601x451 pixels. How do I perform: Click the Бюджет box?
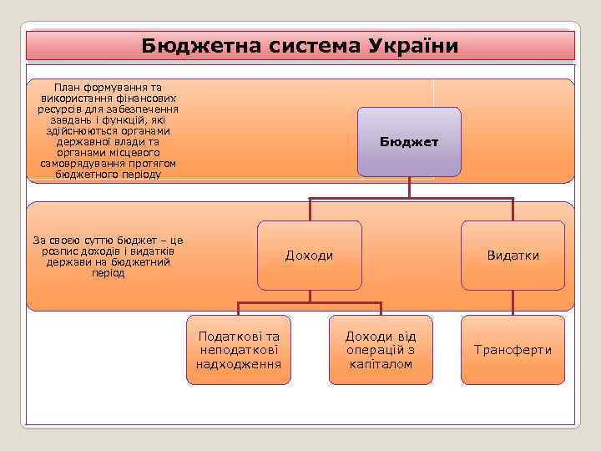409,142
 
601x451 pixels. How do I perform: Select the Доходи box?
310,256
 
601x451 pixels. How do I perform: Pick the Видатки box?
513,256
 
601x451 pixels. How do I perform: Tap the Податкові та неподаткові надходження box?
239,350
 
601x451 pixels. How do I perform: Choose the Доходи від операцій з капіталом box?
381,350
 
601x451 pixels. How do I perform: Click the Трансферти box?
513,350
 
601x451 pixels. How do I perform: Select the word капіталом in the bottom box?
381,364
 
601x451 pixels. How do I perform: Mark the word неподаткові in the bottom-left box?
239,350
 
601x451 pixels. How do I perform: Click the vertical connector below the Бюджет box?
409,188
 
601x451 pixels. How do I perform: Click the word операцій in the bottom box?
374,350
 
